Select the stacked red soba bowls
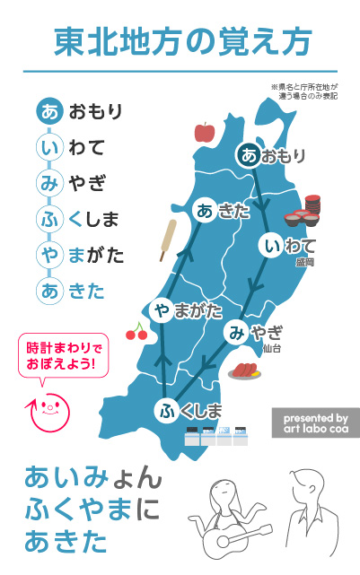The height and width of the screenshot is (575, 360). (x=304, y=213)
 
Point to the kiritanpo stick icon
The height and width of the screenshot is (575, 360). (x=167, y=240)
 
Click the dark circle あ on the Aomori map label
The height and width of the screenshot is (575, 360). (x=249, y=155)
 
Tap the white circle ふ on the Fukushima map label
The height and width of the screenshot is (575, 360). (x=167, y=412)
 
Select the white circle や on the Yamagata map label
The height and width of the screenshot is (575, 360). (x=163, y=310)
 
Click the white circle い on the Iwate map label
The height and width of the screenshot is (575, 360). (x=272, y=244)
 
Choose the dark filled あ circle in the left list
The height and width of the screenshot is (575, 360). (x=48, y=113)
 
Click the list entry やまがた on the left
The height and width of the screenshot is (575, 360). (x=81, y=255)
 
